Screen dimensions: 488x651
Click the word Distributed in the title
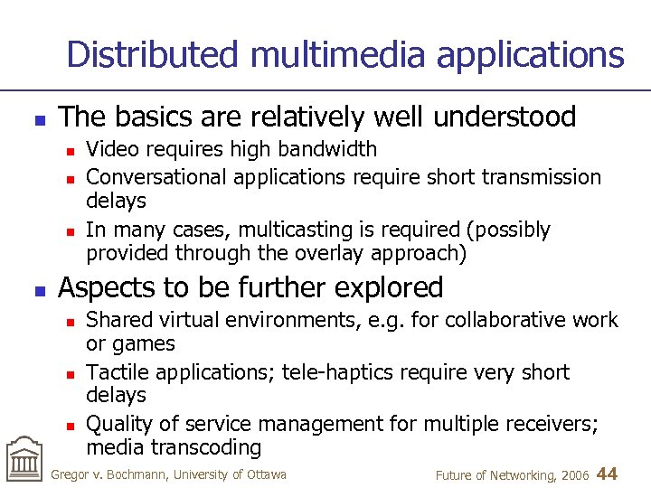(152, 54)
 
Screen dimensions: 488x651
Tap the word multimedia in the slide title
(338, 54)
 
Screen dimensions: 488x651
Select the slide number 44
(608, 474)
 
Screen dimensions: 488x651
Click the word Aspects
(104, 287)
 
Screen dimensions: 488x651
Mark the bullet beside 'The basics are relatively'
(36, 118)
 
